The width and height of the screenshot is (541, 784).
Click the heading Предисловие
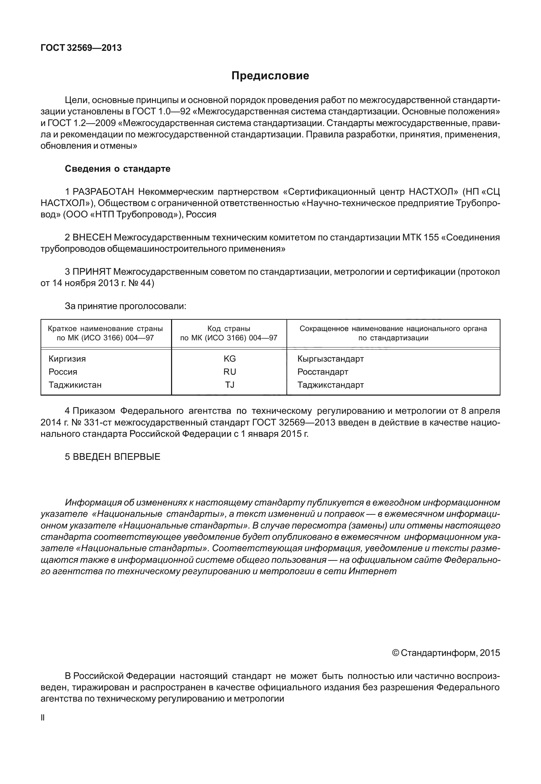coord(270,76)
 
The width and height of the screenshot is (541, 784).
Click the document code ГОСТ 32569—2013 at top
coord(81,48)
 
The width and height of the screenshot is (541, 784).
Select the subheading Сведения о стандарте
coord(117,169)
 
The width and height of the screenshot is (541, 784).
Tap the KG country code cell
coord(229,359)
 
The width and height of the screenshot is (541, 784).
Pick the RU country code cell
coord(229,372)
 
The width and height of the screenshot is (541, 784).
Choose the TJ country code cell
coord(229,385)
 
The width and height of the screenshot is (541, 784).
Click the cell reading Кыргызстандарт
coord(330,359)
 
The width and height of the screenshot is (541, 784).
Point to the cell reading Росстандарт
coord(323,372)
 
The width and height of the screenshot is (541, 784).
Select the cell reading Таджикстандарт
coord(330,385)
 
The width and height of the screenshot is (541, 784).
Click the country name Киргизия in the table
coord(67,359)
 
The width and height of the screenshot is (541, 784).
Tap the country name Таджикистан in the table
coord(75,385)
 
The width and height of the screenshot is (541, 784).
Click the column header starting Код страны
coord(229,333)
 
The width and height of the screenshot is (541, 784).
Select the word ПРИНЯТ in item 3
coord(92,272)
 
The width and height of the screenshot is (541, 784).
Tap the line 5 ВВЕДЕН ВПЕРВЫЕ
coord(113,457)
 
